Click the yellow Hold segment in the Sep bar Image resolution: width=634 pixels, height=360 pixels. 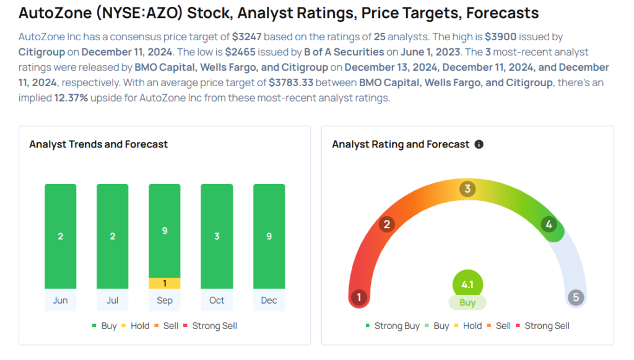[165, 283]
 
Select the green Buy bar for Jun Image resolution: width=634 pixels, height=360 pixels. [61, 236]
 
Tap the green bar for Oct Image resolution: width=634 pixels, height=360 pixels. [217, 236]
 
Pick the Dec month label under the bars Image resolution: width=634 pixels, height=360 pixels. [269, 301]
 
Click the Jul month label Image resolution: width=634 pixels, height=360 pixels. [113, 301]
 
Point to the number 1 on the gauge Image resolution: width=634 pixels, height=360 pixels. [358, 297]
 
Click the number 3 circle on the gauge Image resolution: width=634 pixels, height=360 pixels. [468, 189]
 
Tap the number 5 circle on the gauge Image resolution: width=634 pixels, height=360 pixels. [576, 297]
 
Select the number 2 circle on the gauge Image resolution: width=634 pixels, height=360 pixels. [387, 224]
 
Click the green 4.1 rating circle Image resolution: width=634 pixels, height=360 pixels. [467, 285]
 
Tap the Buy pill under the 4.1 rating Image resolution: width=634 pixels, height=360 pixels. [467, 303]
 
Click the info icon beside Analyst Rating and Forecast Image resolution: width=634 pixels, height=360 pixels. [479, 144]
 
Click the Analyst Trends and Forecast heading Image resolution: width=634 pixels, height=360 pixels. [98, 144]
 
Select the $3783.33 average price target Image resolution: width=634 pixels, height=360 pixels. [293, 82]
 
